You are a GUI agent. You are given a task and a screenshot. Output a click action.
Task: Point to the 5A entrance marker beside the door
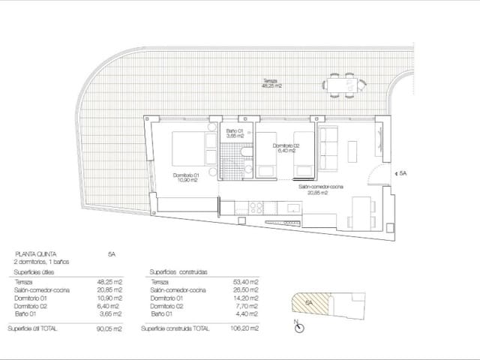point(402,173)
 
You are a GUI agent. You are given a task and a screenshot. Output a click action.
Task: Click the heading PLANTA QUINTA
point(35,254)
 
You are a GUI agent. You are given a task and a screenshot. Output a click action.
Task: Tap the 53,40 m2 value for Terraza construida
point(247,281)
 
